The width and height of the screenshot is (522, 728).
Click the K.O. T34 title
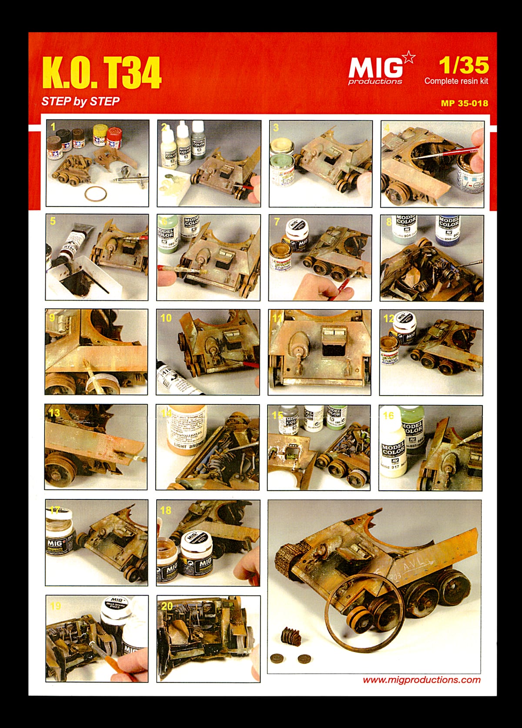[x=102, y=73]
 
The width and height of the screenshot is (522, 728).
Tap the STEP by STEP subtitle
[x=80, y=102]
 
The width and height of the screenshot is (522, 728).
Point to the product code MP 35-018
[x=464, y=103]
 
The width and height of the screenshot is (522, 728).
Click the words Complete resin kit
[x=456, y=81]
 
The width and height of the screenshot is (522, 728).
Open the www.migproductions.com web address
[x=422, y=680]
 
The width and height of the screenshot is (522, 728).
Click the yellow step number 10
[x=166, y=318]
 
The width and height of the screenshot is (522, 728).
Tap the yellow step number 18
[x=166, y=510]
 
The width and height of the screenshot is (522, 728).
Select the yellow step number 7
[x=277, y=222]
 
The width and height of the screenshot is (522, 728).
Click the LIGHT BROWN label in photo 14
[x=187, y=445]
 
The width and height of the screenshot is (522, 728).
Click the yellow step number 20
[x=167, y=605]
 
